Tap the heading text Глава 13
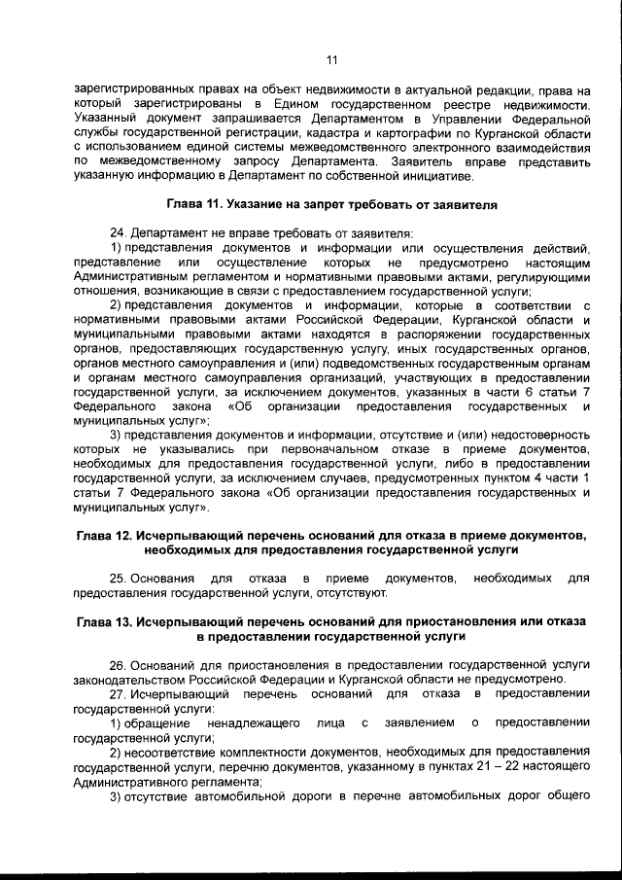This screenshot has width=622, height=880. click(107, 619)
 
